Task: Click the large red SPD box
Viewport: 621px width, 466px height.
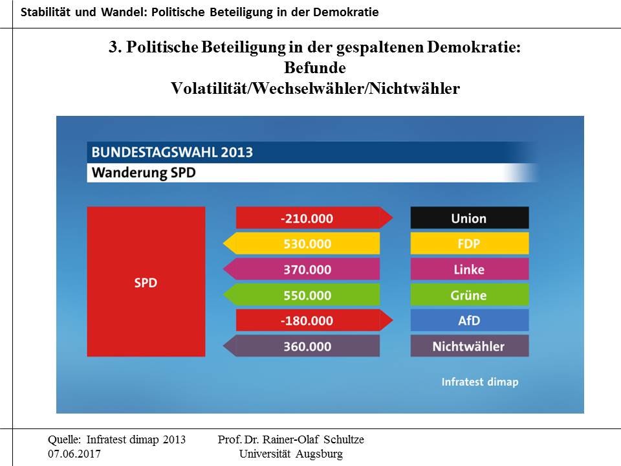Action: coord(146,282)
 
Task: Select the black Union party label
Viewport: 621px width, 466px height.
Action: coord(469,218)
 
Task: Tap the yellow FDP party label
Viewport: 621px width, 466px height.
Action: coord(469,243)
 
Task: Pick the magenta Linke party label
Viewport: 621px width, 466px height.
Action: coord(469,269)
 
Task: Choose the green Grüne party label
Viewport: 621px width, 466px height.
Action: coord(469,295)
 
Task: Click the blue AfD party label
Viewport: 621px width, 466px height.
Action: coord(469,320)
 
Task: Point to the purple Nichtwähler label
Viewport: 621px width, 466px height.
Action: coord(469,346)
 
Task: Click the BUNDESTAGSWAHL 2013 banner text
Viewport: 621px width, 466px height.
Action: coord(172,153)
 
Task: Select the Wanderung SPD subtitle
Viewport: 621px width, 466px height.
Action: coord(144,173)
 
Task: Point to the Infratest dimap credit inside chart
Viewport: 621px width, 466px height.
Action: coord(480,382)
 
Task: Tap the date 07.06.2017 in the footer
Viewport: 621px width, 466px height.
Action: coord(74,454)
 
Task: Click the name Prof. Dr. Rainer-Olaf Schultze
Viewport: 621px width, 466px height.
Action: coord(291,440)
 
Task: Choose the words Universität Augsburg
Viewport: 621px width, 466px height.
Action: coord(291,454)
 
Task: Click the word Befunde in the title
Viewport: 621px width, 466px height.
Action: coord(315,68)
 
